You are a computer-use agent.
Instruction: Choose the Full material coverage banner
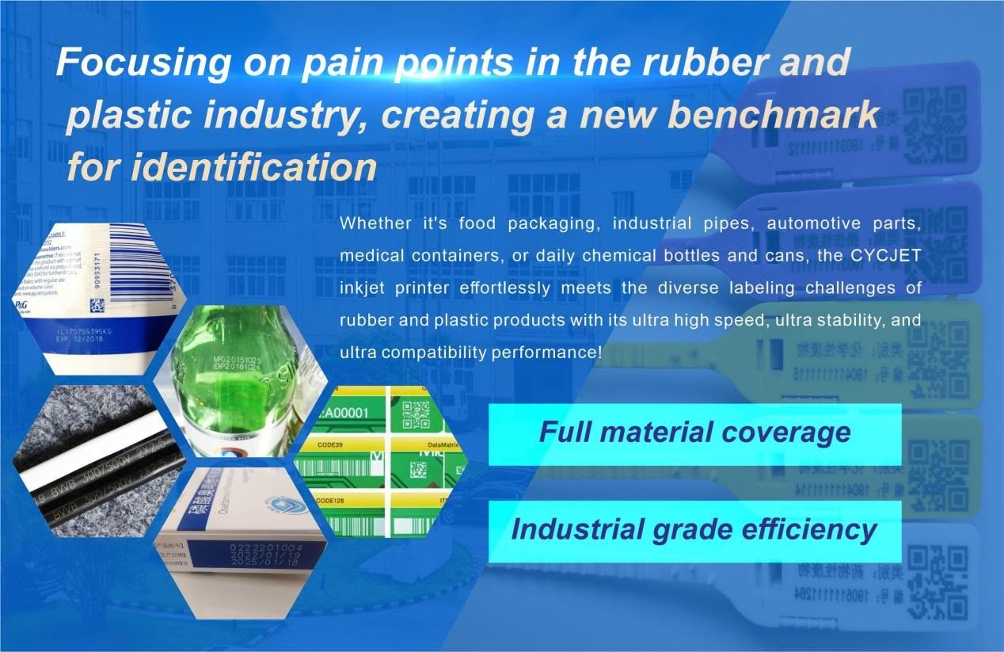694,433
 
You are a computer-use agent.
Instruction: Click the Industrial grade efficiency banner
694,529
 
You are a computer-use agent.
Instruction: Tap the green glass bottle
237,372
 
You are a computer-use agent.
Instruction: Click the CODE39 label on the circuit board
333,447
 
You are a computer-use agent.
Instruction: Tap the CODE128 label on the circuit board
336,501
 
